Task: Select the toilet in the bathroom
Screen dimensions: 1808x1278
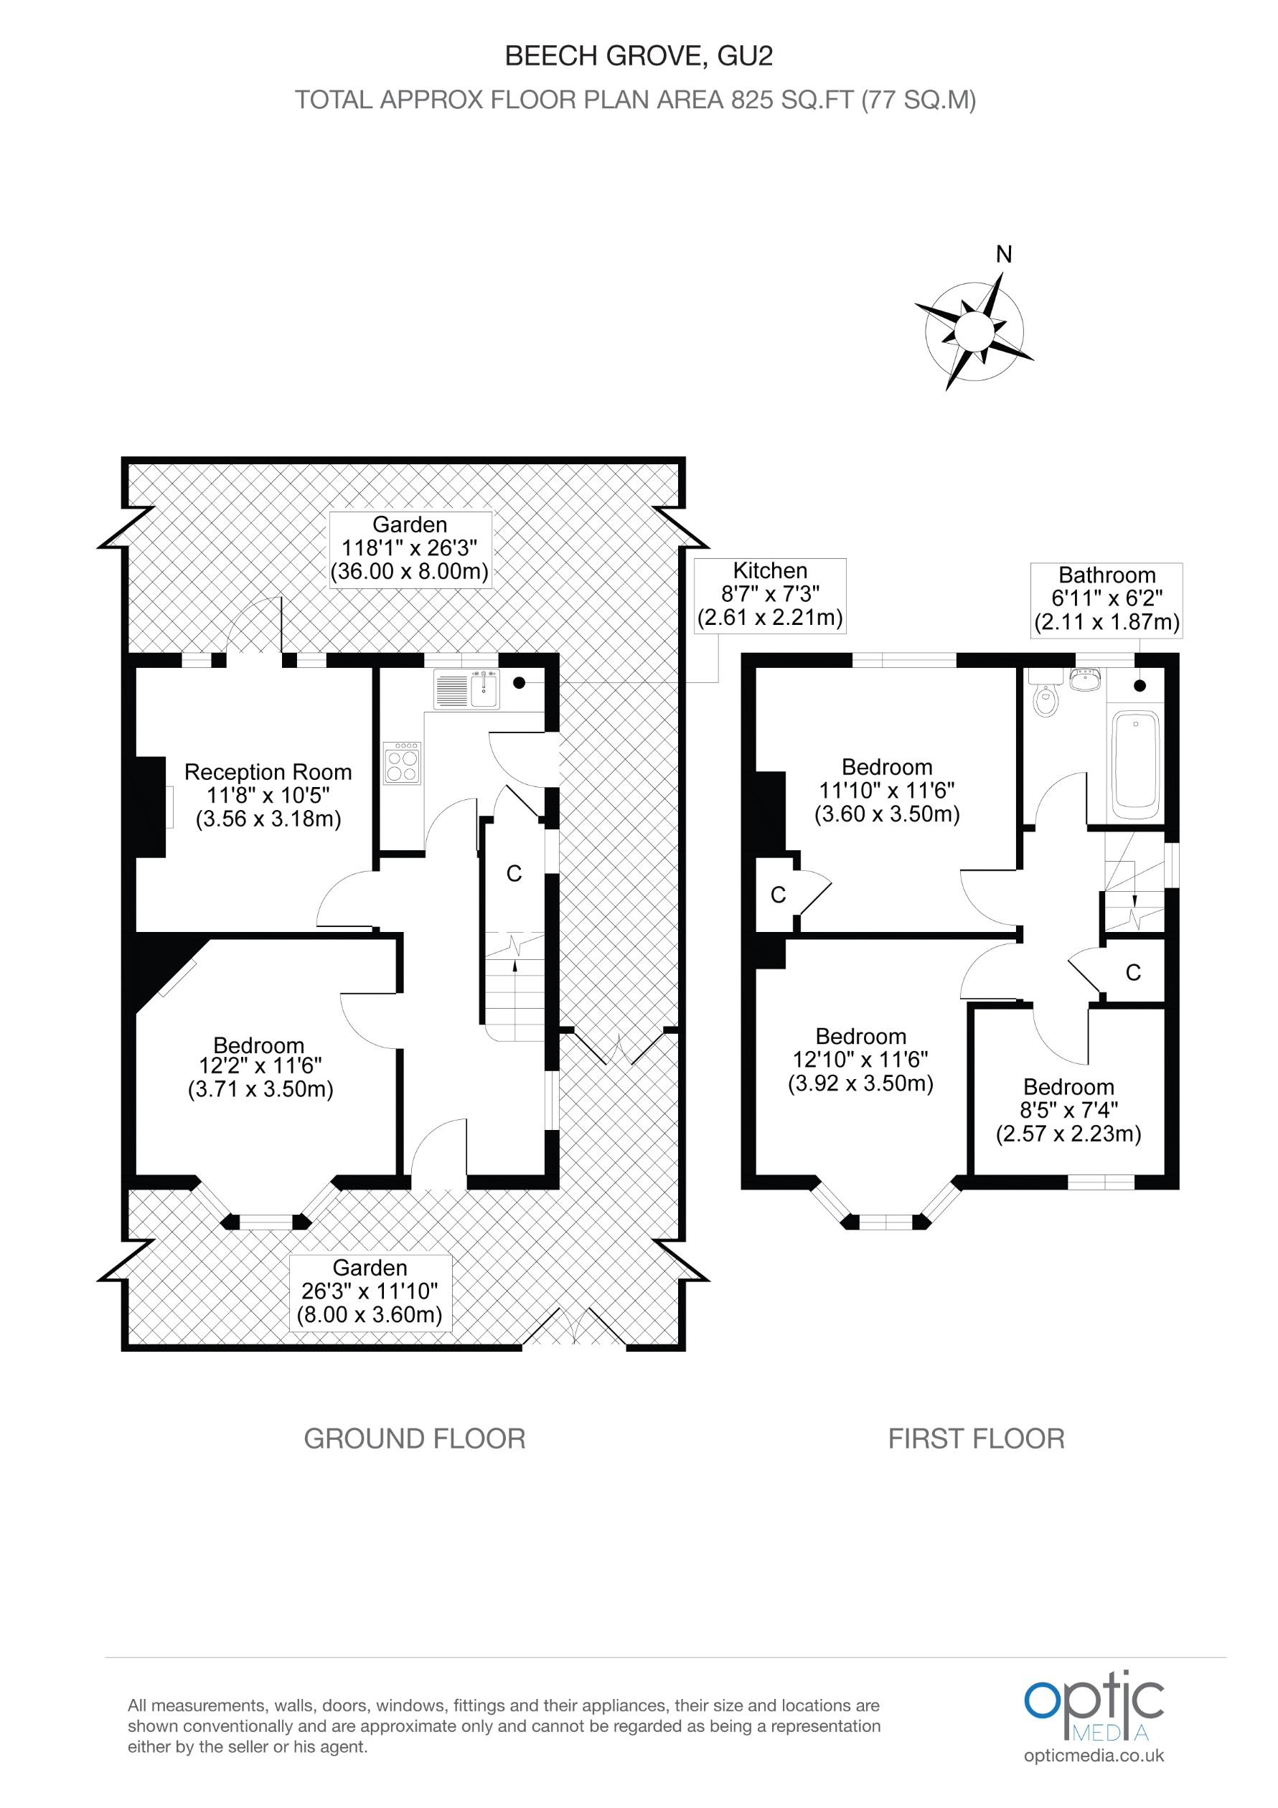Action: pyautogui.click(x=1046, y=699)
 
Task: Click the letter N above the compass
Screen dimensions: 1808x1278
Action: pyautogui.click(x=1003, y=255)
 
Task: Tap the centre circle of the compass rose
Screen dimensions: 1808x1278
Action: pyautogui.click(x=974, y=331)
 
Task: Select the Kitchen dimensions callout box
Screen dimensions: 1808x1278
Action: pyautogui.click(x=769, y=595)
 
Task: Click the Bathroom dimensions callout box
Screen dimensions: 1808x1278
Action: pyautogui.click(x=1106, y=599)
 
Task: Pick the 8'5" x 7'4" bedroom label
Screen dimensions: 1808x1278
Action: pyautogui.click(x=1068, y=1111)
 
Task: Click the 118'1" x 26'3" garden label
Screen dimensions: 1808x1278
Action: pyautogui.click(x=410, y=548)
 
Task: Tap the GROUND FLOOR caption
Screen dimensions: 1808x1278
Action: pyautogui.click(x=414, y=1439)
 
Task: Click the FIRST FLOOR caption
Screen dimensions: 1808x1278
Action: pyautogui.click(x=976, y=1439)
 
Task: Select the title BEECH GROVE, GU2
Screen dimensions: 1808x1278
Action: pyautogui.click(x=638, y=56)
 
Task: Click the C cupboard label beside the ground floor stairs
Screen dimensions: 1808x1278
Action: pyautogui.click(x=513, y=873)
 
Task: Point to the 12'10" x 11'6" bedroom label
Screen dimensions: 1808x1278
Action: pyautogui.click(x=860, y=1060)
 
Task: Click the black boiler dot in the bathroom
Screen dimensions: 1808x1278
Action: pyautogui.click(x=1140, y=686)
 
